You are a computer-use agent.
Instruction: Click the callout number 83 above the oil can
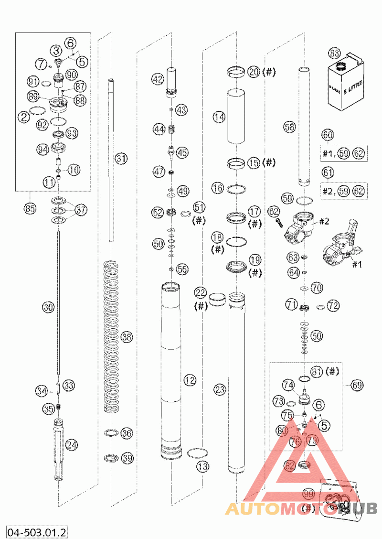tap(334, 54)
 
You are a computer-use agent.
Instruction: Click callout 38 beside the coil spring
tap(126, 337)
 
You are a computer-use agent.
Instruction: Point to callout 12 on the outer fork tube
tap(190, 380)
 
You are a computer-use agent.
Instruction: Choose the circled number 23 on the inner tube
tap(220, 390)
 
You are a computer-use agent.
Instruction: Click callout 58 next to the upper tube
tap(289, 127)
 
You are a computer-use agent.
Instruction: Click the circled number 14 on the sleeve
tap(219, 117)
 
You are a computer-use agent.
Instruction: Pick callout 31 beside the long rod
tap(121, 159)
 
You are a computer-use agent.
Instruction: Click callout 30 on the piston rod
tap(48, 307)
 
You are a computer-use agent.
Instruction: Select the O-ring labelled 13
tap(197, 452)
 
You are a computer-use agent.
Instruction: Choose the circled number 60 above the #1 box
tap(328, 135)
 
